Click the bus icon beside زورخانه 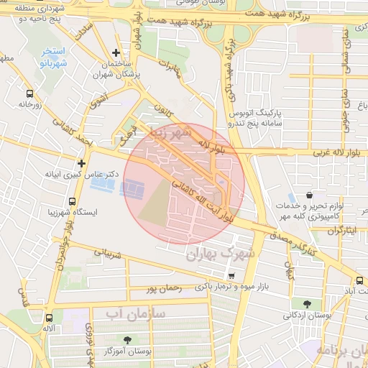29,93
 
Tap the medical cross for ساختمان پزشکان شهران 116,52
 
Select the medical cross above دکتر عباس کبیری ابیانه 82,163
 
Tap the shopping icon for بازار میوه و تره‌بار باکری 231,276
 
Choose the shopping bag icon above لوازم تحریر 309,195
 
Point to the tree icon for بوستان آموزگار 127,339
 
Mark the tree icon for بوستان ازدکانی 308,304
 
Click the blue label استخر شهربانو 53,57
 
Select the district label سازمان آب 136,314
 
